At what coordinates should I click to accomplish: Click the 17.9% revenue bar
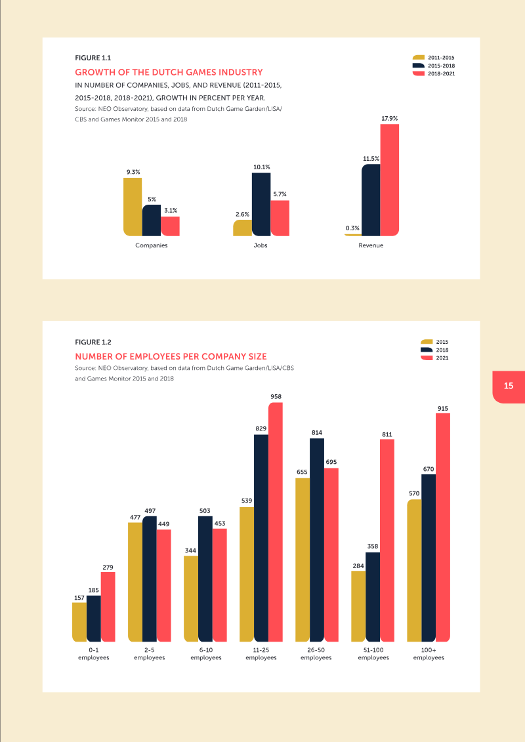coord(389,180)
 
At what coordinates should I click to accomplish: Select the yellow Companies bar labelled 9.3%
coord(133,207)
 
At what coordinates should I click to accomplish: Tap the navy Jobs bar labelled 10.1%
coord(261,204)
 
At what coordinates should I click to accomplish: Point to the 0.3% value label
coord(352,228)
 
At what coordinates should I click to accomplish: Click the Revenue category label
coord(371,245)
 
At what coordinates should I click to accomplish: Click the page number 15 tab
coord(509,386)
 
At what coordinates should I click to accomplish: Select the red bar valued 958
coord(275,522)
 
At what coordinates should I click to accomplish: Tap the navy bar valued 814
coord(317,539)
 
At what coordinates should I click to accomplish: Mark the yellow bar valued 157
coord(79,622)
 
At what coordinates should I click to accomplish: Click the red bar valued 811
coord(387,540)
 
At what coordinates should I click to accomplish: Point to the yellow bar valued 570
coord(414,571)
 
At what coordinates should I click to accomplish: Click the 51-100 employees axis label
coord(373,653)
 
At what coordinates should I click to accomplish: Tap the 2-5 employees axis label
coord(149,653)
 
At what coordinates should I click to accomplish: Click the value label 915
coord(443,409)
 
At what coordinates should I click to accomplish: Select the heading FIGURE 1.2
coord(93,342)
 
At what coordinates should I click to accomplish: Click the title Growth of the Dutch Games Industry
coord(169,72)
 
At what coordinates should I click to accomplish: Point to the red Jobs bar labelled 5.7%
coord(280,218)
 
